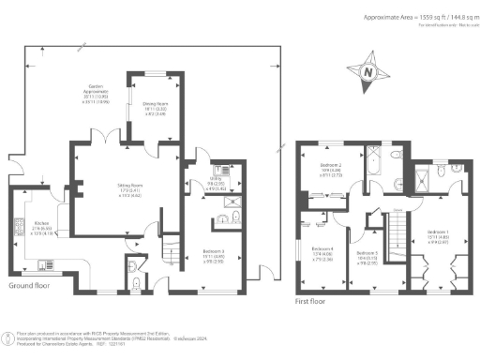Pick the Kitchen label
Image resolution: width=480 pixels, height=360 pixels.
click(x=20, y=227)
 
